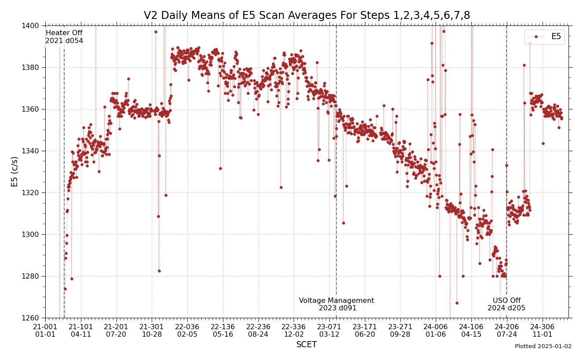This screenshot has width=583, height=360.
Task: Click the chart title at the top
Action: (306, 16)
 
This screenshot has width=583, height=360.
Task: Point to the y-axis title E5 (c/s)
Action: (15, 171)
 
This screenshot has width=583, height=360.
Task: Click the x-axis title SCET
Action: (306, 345)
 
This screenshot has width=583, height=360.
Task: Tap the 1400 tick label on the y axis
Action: (33, 25)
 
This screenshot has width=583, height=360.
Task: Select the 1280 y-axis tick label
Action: (33, 276)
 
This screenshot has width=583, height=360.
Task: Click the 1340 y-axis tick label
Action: (33, 151)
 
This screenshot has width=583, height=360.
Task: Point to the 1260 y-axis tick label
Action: (33, 318)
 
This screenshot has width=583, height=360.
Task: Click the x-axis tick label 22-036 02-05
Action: (187, 331)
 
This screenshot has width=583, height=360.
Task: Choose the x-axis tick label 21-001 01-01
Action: (45, 331)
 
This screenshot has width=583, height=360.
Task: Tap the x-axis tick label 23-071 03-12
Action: (329, 331)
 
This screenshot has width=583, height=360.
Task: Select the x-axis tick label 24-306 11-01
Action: (543, 331)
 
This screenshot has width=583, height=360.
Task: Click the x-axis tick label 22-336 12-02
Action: (294, 331)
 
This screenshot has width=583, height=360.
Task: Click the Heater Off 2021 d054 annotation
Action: (64, 37)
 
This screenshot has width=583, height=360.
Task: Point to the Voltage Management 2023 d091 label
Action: (337, 304)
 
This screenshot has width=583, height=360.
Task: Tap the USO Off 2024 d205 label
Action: (506, 304)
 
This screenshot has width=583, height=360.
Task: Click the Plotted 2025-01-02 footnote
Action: (543, 346)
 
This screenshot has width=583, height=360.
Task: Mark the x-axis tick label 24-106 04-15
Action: (471, 331)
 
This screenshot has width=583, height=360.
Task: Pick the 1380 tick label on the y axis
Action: (33, 67)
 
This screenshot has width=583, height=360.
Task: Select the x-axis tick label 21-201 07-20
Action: (117, 331)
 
